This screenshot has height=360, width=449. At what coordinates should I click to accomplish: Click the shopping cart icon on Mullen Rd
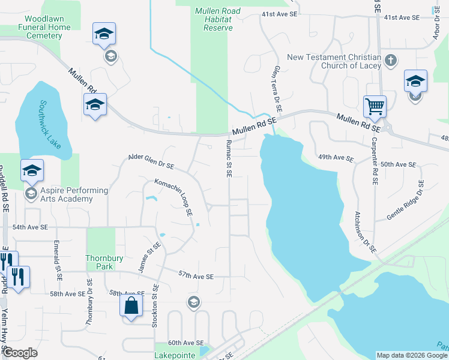click(375, 107)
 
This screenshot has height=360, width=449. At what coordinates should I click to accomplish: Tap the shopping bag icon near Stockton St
click(131, 305)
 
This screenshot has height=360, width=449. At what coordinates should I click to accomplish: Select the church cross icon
click(391, 60)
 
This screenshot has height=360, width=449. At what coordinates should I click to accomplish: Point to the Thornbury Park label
click(100, 262)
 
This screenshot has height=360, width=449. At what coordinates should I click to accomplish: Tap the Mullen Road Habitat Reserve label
click(218, 19)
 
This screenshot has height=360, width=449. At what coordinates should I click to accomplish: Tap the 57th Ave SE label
click(196, 276)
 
